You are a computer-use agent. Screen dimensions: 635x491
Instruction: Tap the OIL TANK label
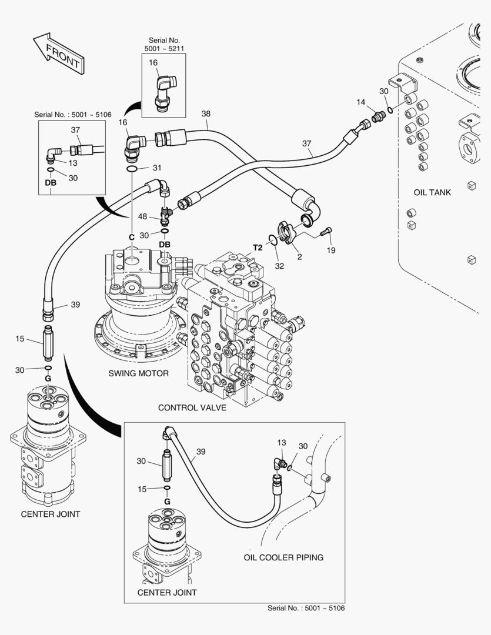432,192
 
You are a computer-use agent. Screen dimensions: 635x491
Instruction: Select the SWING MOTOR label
138,373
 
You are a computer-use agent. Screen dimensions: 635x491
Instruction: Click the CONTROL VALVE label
192,407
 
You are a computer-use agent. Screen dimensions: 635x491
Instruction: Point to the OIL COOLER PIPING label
283,557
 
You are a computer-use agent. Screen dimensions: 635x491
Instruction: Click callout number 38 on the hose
205,113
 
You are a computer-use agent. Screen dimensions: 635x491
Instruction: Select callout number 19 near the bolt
331,250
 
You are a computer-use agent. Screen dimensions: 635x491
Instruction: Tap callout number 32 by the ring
279,266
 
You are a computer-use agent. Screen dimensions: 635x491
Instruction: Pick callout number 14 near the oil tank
361,102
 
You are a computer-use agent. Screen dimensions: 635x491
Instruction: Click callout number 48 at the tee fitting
142,216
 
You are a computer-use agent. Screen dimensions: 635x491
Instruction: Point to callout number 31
156,168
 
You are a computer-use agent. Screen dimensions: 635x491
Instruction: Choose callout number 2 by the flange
299,256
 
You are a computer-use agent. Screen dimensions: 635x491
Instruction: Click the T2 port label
258,247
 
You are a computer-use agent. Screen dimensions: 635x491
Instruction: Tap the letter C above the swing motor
132,236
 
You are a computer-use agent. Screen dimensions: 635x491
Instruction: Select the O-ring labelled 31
134,169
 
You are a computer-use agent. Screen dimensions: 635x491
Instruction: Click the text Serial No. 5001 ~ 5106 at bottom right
306,608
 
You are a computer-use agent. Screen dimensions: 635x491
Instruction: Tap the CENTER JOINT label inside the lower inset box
167,592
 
